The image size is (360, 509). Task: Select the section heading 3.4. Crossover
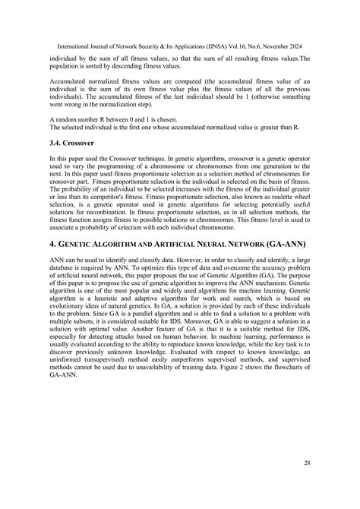point(74,141)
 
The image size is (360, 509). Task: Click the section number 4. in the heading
point(53,246)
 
